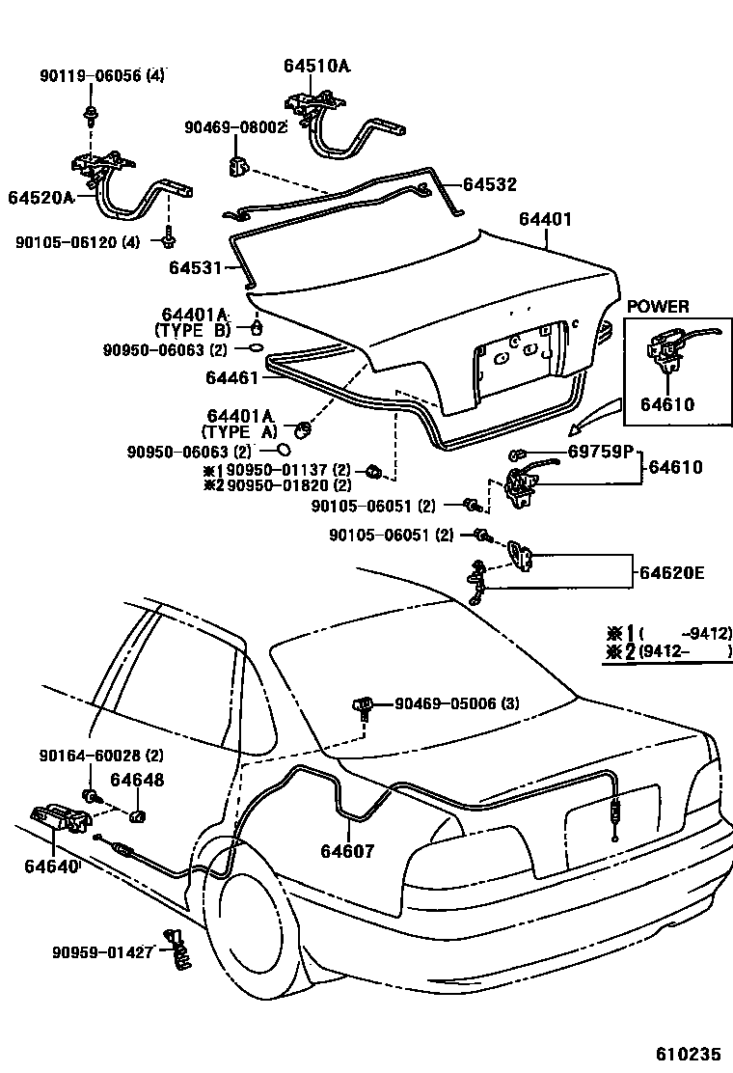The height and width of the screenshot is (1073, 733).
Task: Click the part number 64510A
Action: click(316, 66)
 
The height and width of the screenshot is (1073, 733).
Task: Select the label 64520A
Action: click(41, 197)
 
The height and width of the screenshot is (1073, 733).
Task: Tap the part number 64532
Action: click(490, 184)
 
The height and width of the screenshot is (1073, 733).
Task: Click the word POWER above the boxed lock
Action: click(658, 307)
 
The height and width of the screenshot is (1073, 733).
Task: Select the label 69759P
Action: click(599, 451)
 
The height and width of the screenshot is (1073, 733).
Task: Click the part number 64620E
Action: click(670, 573)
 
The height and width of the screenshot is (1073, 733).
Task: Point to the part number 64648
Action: click(136, 780)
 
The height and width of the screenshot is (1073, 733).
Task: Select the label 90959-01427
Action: click(102, 952)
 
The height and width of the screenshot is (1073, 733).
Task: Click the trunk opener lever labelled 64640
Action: click(61, 819)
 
